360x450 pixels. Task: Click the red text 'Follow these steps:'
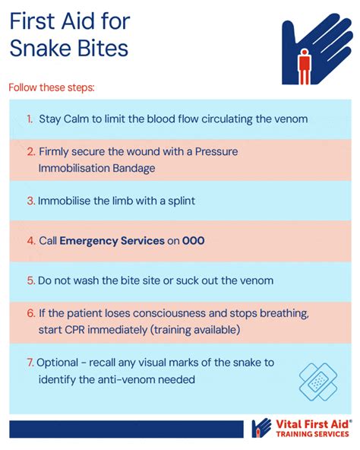pyautogui.click(x=52, y=87)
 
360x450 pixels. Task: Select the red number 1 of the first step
pyautogui.click(x=30, y=119)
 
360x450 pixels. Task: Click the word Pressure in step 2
pyautogui.click(x=216, y=151)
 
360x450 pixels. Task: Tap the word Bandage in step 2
pyautogui.click(x=134, y=169)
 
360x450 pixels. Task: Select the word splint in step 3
pyautogui.click(x=182, y=201)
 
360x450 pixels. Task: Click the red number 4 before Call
pyautogui.click(x=31, y=240)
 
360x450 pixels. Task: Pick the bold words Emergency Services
pyautogui.click(x=112, y=241)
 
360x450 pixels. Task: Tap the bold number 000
pyautogui.click(x=194, y=240)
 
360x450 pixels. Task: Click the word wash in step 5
pyautogui.click(x=85, y=280)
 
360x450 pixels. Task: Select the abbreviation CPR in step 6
pyautogui.click(x=74, y=330)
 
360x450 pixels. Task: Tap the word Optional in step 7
pyautogui.click(x=58, y=363)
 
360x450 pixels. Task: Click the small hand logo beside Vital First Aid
pyautogui.click(x=261, y=428)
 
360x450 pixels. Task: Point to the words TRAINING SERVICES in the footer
pyautogui.click(x=312, y=434)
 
